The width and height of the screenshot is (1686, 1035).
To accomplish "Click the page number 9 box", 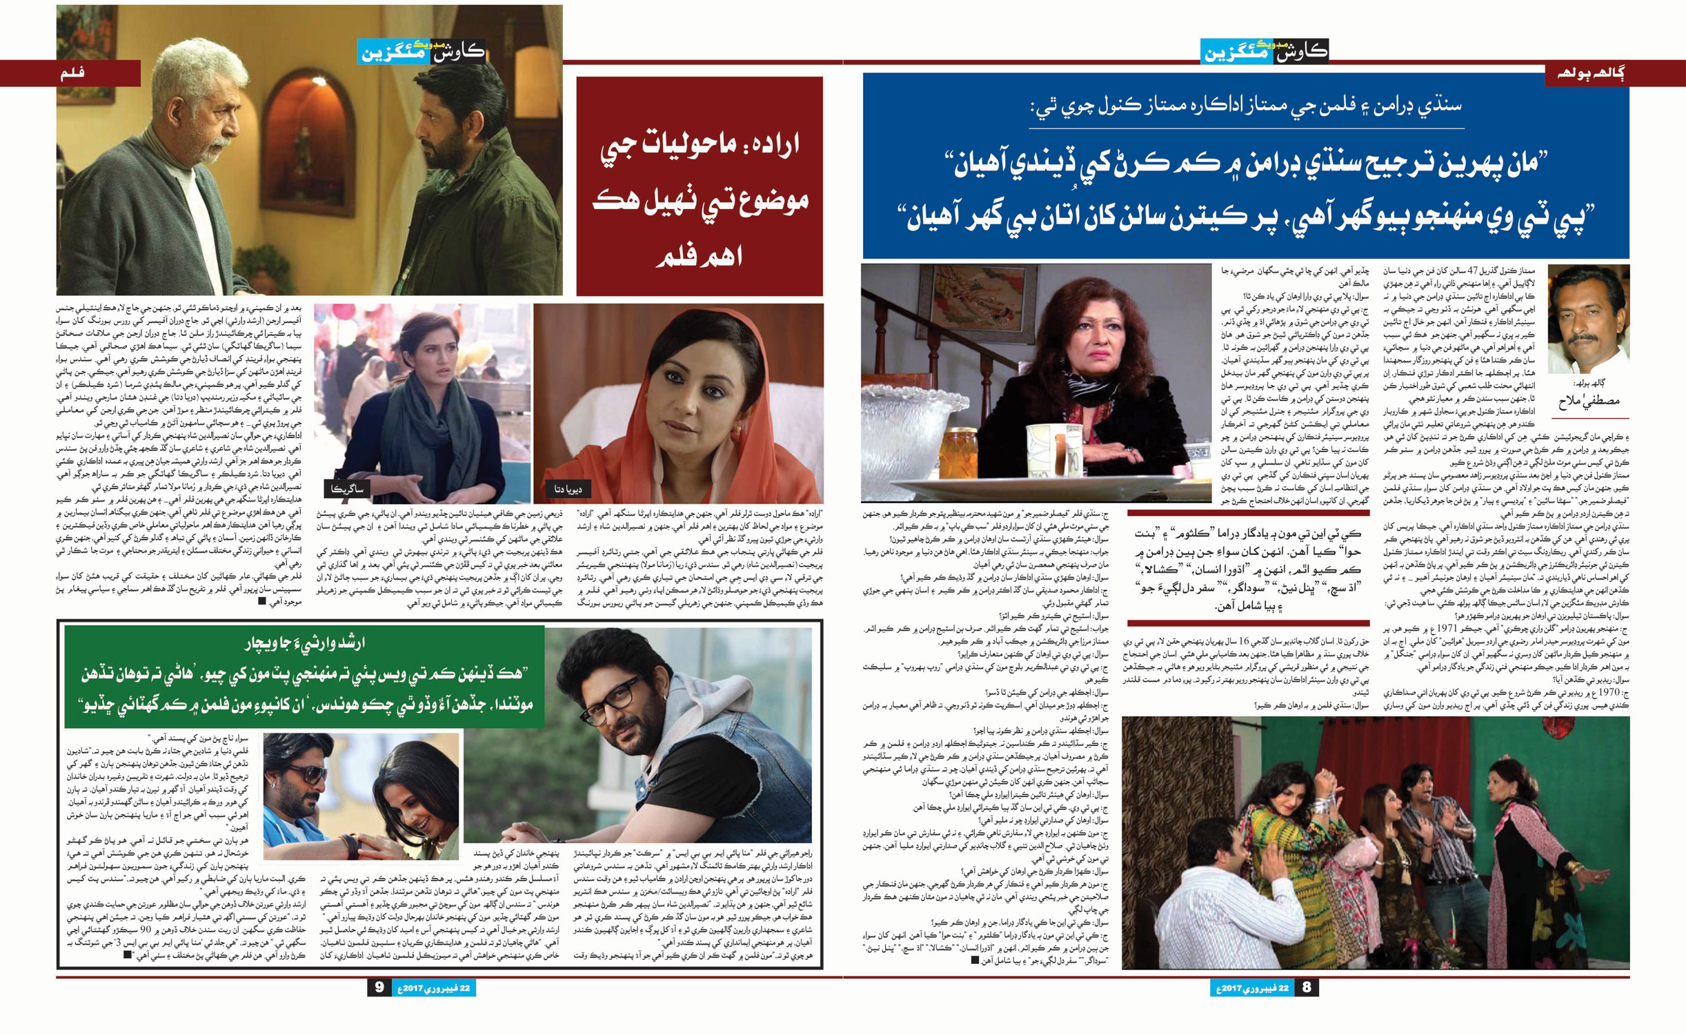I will click(379, 987).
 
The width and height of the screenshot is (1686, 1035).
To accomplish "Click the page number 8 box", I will click(1306, 987).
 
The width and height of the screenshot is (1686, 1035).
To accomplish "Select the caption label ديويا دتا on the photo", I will click(568, 489).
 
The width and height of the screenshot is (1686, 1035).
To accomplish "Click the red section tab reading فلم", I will click(72, 72).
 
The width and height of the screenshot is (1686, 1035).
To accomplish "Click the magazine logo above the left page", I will click(421, 52).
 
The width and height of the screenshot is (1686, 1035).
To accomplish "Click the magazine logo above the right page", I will click(1264, 52).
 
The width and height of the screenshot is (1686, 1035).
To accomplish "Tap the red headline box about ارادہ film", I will click(699, 186).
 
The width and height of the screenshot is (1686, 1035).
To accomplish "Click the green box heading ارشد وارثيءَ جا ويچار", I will click(304, 644).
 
